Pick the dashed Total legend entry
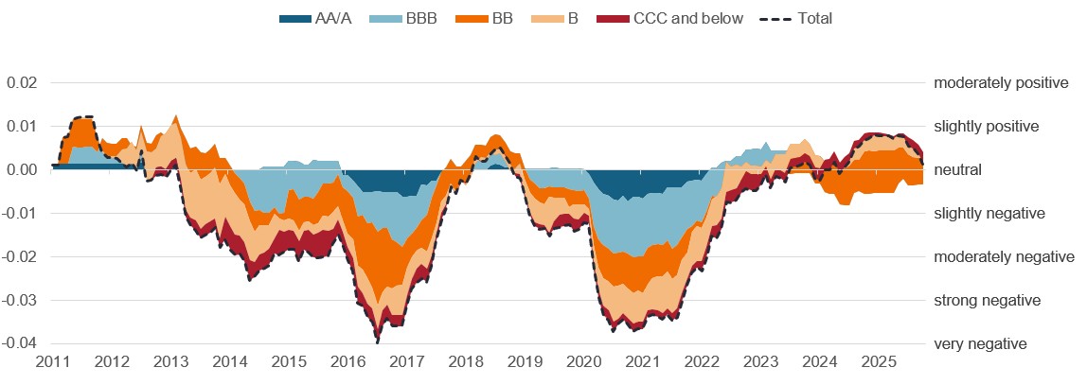pos(801,18)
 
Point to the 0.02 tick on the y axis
pos(22,83)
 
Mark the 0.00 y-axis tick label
pos(22,170)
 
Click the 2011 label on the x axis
pos(52,362)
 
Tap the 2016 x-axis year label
pos(347,362)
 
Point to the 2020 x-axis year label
pos(583,362)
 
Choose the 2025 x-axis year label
pos(878,362)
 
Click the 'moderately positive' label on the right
pos(1001,83)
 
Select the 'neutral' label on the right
pos(958,170)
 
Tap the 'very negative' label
pos(980,344)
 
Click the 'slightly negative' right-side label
pos(989,214)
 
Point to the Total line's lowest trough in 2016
pos(377,340)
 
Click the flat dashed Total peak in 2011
pos(82,117)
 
